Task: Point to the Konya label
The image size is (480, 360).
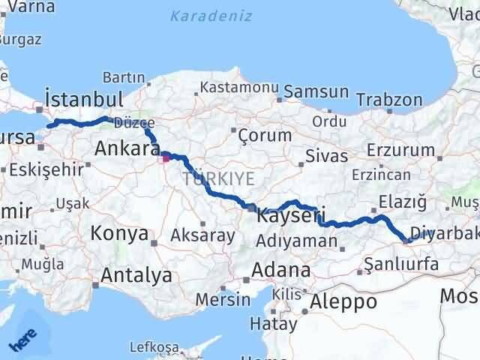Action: click(118, 233)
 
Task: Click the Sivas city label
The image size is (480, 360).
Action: click(327, 156)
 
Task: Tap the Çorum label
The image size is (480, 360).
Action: click(264, 136)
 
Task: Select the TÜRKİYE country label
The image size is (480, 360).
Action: click(218, 178)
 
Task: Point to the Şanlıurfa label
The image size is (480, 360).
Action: click(400, 263)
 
